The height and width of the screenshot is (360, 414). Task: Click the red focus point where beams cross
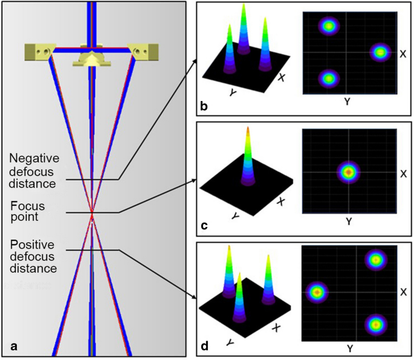(92, 214)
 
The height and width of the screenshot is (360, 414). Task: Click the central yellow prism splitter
(91, 58)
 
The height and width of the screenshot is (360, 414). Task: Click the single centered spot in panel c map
(348, 172)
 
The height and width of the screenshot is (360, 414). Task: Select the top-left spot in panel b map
(328, 26)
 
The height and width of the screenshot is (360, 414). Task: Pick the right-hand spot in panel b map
(380, 53)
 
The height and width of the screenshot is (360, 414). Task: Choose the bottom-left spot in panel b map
(328, 78)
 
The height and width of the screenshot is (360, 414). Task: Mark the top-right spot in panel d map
(376, 260)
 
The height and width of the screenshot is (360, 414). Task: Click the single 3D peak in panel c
(246, 157)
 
